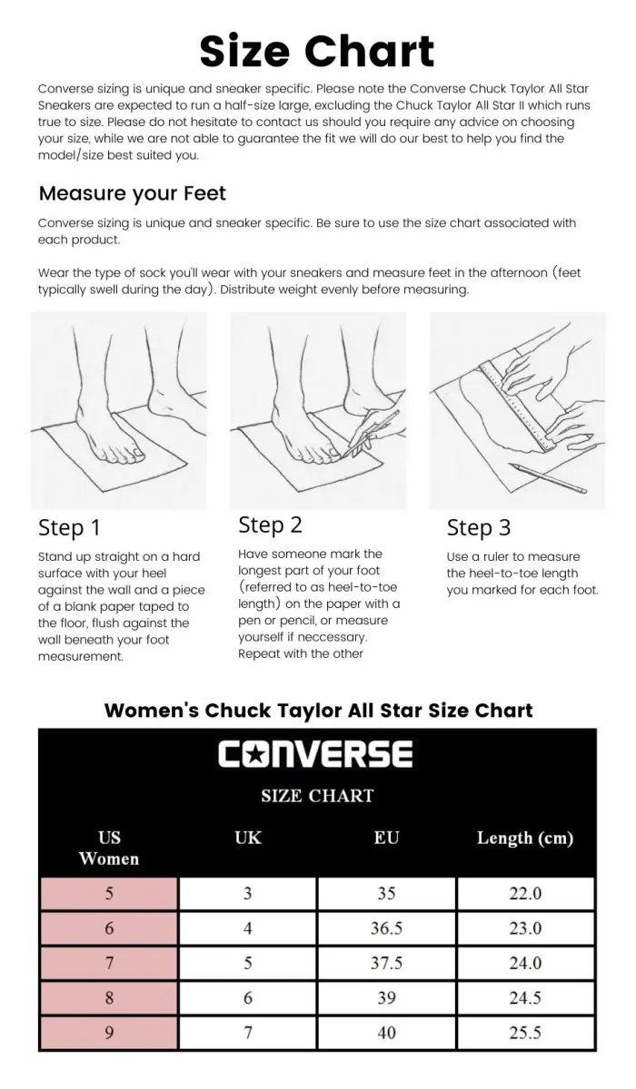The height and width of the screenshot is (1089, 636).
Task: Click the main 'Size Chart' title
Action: click(x=317, y=52)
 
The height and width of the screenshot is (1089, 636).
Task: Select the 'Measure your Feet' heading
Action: click(x=132, y=194)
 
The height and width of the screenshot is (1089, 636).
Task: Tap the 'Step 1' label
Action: click(x=69, y=528)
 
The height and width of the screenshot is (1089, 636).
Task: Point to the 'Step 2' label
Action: click(x=270, y=525)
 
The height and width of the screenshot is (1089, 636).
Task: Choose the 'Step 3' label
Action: click(x=479, y=528)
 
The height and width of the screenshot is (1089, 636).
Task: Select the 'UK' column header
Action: click(x=248, y=837)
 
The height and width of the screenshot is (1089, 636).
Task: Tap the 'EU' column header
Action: click(x=386, y=837)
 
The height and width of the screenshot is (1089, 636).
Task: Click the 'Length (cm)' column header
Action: click(x=525, y=839)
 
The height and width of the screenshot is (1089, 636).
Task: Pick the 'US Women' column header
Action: click(x=109, y=848)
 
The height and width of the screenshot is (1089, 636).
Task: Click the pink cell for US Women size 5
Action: click(x=109, y=894)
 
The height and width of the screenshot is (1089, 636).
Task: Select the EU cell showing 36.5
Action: click(x=386, y=928)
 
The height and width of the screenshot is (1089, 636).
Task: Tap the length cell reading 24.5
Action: click(x=525, y=998)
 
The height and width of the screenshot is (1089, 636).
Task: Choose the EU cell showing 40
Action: click(x=386, y=1033)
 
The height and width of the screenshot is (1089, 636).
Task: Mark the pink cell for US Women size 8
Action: click(x=109, y=998)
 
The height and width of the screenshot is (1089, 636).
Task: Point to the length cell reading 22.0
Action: click(x=525, y=894)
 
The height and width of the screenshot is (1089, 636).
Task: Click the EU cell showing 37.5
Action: click(x=386, y=963)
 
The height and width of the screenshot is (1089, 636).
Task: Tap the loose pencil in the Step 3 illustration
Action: click(x=549, y=478)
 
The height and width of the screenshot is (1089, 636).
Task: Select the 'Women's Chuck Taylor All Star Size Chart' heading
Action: click(x=318, y=711)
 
